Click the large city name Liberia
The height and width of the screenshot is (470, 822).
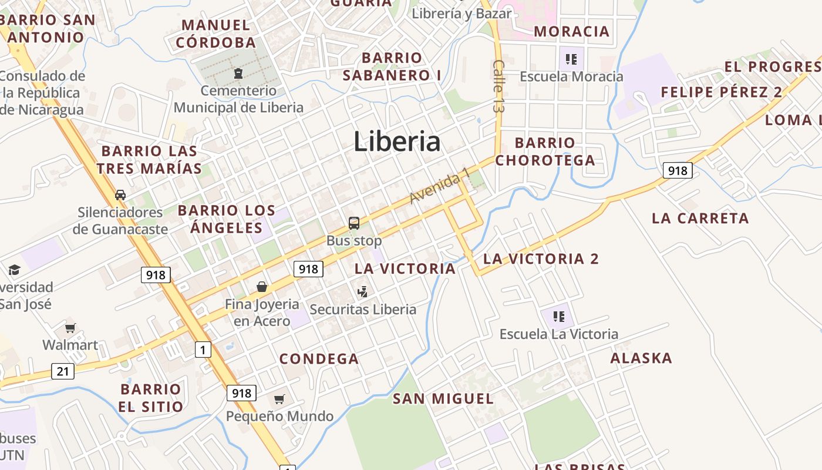coord(397,142)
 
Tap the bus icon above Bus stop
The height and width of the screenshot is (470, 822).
coord(354,223)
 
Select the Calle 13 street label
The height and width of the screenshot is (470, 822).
coord(499,86)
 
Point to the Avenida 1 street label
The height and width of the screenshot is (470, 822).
coord(440,186)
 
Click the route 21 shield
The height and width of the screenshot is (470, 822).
coord(63,371)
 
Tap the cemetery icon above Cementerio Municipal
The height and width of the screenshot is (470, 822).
coord(238,74)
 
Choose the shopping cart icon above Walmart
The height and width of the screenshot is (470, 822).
coord(70,328)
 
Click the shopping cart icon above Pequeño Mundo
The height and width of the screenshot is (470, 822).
coord(279,399)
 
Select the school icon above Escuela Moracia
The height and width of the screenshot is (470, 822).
coord(571,59)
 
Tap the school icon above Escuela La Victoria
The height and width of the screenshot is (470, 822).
coord(558,317)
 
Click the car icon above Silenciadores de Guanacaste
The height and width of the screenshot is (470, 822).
coord(120,195)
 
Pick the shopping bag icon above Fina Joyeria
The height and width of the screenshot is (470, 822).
coord(262,287)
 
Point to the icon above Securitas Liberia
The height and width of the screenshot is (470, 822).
coord(363,291)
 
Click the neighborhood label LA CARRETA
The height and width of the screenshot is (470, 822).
coord(700,219)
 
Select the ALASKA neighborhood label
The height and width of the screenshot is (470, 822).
coord(641,358)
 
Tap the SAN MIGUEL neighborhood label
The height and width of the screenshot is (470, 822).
coord(443,399)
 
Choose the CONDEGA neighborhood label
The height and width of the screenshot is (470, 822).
coord(319,359)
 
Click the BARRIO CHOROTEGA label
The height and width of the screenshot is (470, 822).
coord(545,152)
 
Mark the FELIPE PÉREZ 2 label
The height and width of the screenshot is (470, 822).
coord(722,92)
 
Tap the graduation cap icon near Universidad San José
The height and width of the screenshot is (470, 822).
coord(14,270)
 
